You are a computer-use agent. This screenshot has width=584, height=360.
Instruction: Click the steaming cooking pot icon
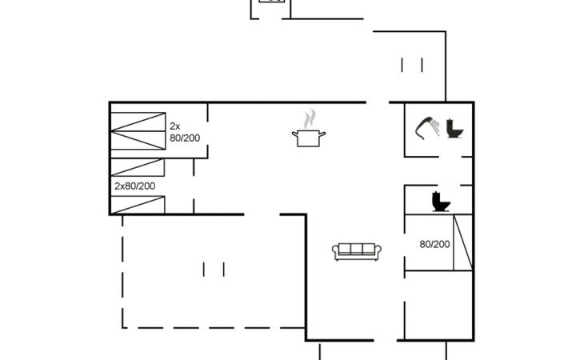[309, 138]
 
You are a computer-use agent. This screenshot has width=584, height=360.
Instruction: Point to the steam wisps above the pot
[310, 118]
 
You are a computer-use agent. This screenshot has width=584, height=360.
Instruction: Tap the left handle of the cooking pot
[295, 134]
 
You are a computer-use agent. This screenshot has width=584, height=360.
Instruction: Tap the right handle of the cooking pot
[322, 134]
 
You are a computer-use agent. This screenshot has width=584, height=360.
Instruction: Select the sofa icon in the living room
[357, 252]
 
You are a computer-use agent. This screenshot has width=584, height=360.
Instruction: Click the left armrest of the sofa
[335, 252]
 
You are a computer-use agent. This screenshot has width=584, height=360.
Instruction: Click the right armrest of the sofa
[378, 252]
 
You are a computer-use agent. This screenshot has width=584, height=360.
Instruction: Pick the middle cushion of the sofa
[357, 249]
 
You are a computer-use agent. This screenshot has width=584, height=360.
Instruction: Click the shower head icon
[424, 128]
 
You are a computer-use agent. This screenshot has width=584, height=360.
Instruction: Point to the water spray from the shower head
[435, 127]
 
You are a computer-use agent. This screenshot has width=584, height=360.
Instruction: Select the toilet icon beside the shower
[454, 129]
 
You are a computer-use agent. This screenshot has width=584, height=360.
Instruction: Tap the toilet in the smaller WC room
[441, 202]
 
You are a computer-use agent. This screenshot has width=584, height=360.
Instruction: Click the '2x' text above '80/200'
[174, 126]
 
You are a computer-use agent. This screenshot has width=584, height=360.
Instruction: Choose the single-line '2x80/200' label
[135, 186]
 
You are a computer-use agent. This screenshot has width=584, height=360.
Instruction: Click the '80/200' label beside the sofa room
[434, 244]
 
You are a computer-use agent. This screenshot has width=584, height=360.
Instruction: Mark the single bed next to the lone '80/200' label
[463, 242]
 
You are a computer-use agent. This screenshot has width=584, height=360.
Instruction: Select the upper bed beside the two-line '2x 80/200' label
[138, 122]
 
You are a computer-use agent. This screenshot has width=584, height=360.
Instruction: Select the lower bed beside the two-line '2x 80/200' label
[138, 140]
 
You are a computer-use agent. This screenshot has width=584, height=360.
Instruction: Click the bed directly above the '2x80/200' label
[138, 167]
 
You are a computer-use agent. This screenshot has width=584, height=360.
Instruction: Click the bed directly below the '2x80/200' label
[138, 205]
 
